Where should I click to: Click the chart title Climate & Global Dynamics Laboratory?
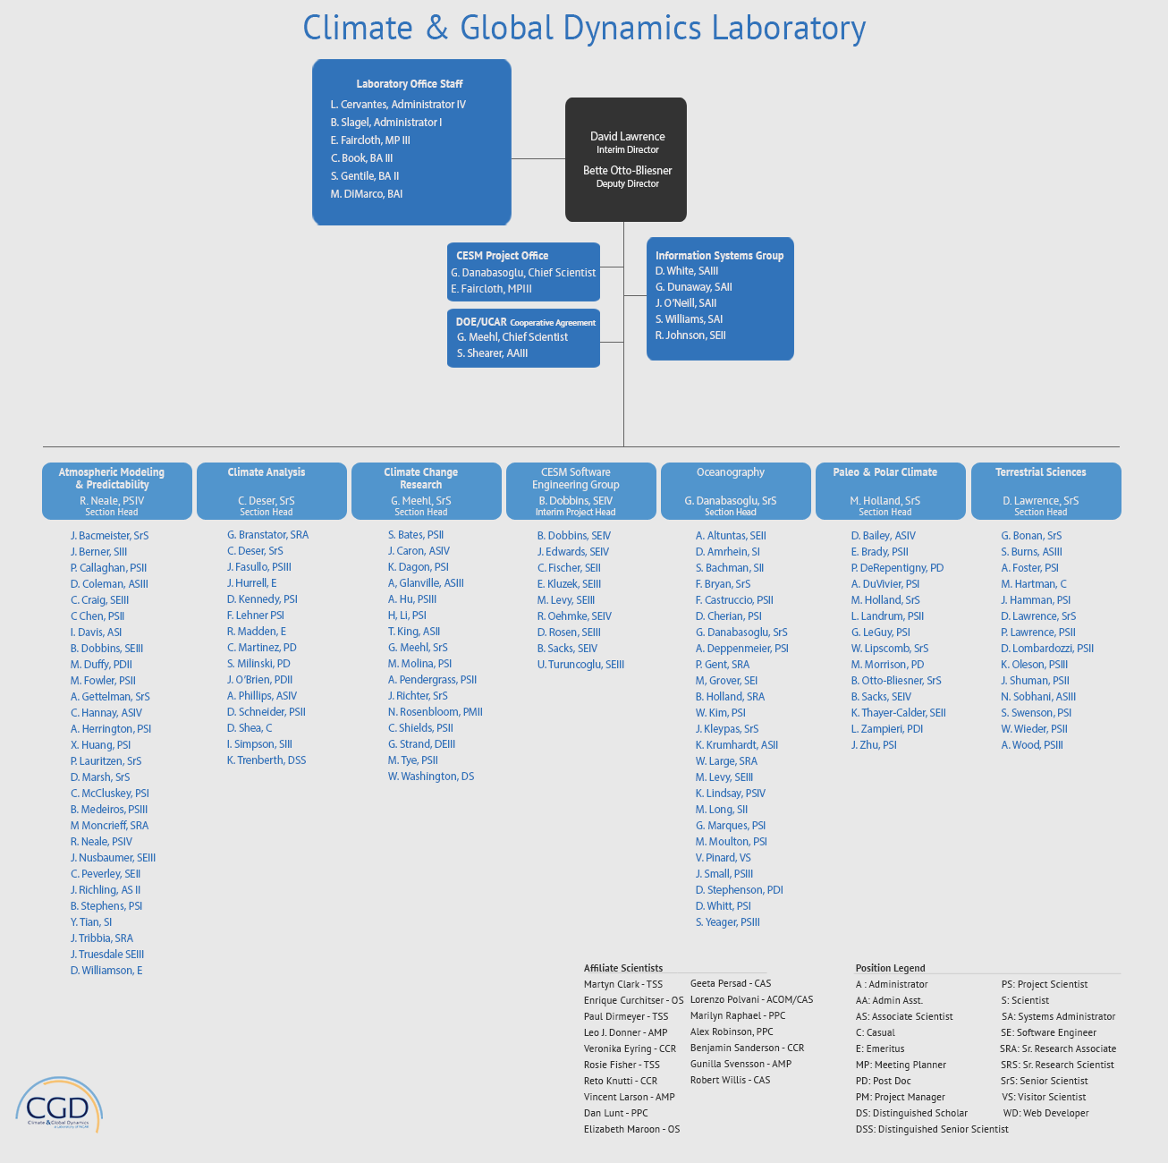coord(584,28)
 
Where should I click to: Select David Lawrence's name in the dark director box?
coord(627,136)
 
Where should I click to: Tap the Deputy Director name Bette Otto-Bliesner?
coord(627,170)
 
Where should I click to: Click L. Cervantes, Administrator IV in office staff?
coord(398,105)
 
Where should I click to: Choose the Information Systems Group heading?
coord(719,256)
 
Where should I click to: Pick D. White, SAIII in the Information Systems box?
coord(687,271)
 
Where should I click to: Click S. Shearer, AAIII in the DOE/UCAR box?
coord(492,353)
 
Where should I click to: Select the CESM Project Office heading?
coord(502,256)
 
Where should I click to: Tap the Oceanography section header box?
coord(731,490)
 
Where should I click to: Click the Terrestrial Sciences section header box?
coord(1040,490)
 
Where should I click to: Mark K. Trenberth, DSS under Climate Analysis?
coord(267,760)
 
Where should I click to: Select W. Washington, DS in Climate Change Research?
coord(431,777)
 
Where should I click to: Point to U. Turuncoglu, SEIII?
coord(580,665)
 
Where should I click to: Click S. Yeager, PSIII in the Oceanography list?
coord(727,922)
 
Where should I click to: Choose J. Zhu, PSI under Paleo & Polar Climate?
coord(874,745)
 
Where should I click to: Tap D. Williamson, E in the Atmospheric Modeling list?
coord(106,971)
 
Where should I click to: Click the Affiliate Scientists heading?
coord(623,968)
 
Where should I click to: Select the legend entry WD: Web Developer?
coord(1045,1113)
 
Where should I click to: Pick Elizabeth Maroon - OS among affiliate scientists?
coord(631,1129)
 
